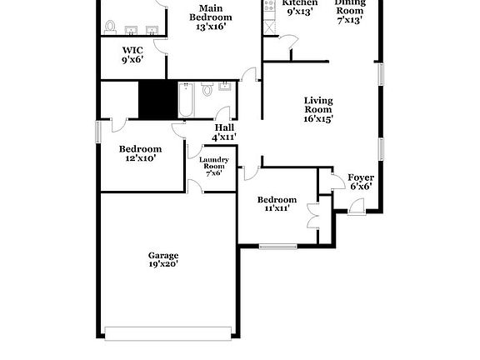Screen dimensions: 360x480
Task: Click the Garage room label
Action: click(163, 255)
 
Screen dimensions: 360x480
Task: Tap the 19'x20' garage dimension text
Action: click(163, 264)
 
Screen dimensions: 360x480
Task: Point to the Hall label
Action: click(224, 127)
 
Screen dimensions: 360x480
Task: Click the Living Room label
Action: click(317, 104)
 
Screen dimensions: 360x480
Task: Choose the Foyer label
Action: click(360, 177)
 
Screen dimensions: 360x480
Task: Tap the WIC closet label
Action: click(132, 51)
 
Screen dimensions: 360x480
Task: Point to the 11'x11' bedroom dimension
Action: click(276, 208)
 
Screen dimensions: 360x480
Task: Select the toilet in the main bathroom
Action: click(109, 27)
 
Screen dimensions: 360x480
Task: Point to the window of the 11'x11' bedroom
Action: click(277, 246)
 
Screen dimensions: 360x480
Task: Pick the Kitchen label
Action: click(300, 3)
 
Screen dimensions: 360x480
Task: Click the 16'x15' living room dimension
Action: click(317, 119)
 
